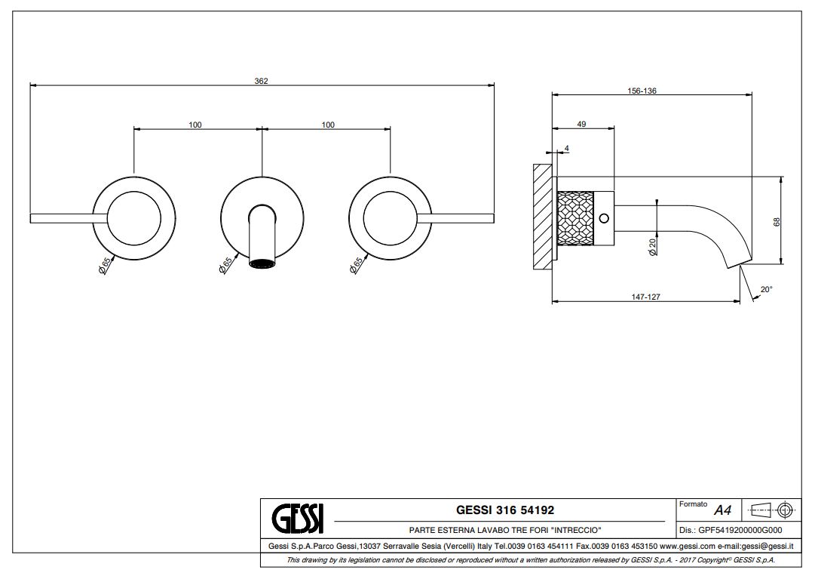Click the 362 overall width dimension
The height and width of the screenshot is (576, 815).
point(261,81)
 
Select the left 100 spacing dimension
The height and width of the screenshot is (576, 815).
point(195,125)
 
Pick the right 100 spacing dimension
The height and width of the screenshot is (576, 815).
point(328,125)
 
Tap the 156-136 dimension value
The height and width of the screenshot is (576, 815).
point(642,91)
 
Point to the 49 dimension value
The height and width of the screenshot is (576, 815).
point(581,124)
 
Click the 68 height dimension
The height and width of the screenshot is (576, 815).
point(777,222)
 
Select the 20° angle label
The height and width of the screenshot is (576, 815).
point(767,289)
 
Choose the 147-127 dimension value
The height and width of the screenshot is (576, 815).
point(645,297)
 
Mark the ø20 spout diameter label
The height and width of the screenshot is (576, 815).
point(652,246)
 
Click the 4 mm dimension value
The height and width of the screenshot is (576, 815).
point(566,148)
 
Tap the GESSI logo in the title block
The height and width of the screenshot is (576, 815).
point(297,518)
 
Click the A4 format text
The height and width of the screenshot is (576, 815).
point(722,510)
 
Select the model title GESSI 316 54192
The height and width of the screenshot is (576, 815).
point(504,510)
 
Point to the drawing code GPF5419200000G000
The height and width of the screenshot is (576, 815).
point(740,530)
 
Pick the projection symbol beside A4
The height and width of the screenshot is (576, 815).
point(772,510)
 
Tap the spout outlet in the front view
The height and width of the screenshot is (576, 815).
point(262,263)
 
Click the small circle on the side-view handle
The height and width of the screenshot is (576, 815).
point(604,218)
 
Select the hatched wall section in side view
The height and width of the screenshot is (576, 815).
point(542,217)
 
